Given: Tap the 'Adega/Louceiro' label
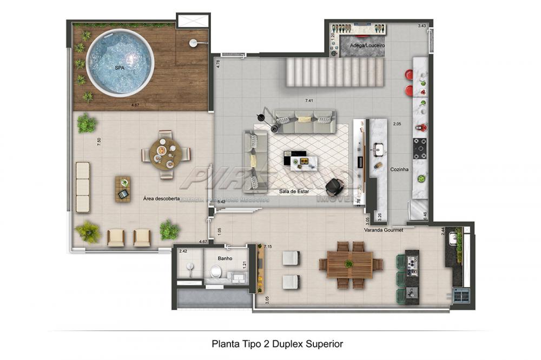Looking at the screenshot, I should pos(367,46).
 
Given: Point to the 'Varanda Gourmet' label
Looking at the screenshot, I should pos(384,230).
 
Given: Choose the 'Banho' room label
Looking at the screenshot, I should pos(225,258).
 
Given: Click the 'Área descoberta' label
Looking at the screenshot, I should pos(161,198).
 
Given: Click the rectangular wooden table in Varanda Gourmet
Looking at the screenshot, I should pos(350,264).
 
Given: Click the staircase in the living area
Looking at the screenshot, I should pos(322,72).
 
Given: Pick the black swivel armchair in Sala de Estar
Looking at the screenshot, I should pos(334,186).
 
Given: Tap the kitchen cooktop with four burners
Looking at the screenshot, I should pos(420,148).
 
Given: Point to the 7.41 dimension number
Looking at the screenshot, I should pos(309,101).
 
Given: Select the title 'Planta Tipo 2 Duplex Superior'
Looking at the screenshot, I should pos(277,343).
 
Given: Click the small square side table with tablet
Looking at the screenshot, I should pos(123,189).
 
